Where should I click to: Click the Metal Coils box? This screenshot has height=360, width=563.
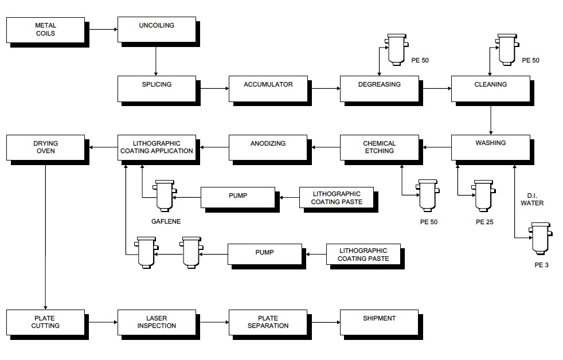[x=45, y=29]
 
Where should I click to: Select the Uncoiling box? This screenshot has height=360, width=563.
[x=156, y=29]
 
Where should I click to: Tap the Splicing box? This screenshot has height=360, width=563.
[x=156, y=88]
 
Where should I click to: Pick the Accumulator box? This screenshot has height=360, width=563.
[x=268, y=88]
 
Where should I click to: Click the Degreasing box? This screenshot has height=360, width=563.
[x=379, y=88]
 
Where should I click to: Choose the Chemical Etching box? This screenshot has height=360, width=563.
[x=379, y=147]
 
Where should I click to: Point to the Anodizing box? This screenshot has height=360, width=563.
[x=268, y=147]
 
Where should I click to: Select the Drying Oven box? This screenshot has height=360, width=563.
[x=45, y=147]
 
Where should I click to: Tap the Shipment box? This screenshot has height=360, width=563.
[x=379, y=322]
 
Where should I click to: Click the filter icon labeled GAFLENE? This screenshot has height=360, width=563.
[x=165, y=196]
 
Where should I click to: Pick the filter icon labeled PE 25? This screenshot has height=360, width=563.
[x=483, y=196]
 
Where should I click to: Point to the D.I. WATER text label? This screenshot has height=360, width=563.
[x=535, y=199]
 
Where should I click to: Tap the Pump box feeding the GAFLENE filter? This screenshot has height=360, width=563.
[x=237, y=197]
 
